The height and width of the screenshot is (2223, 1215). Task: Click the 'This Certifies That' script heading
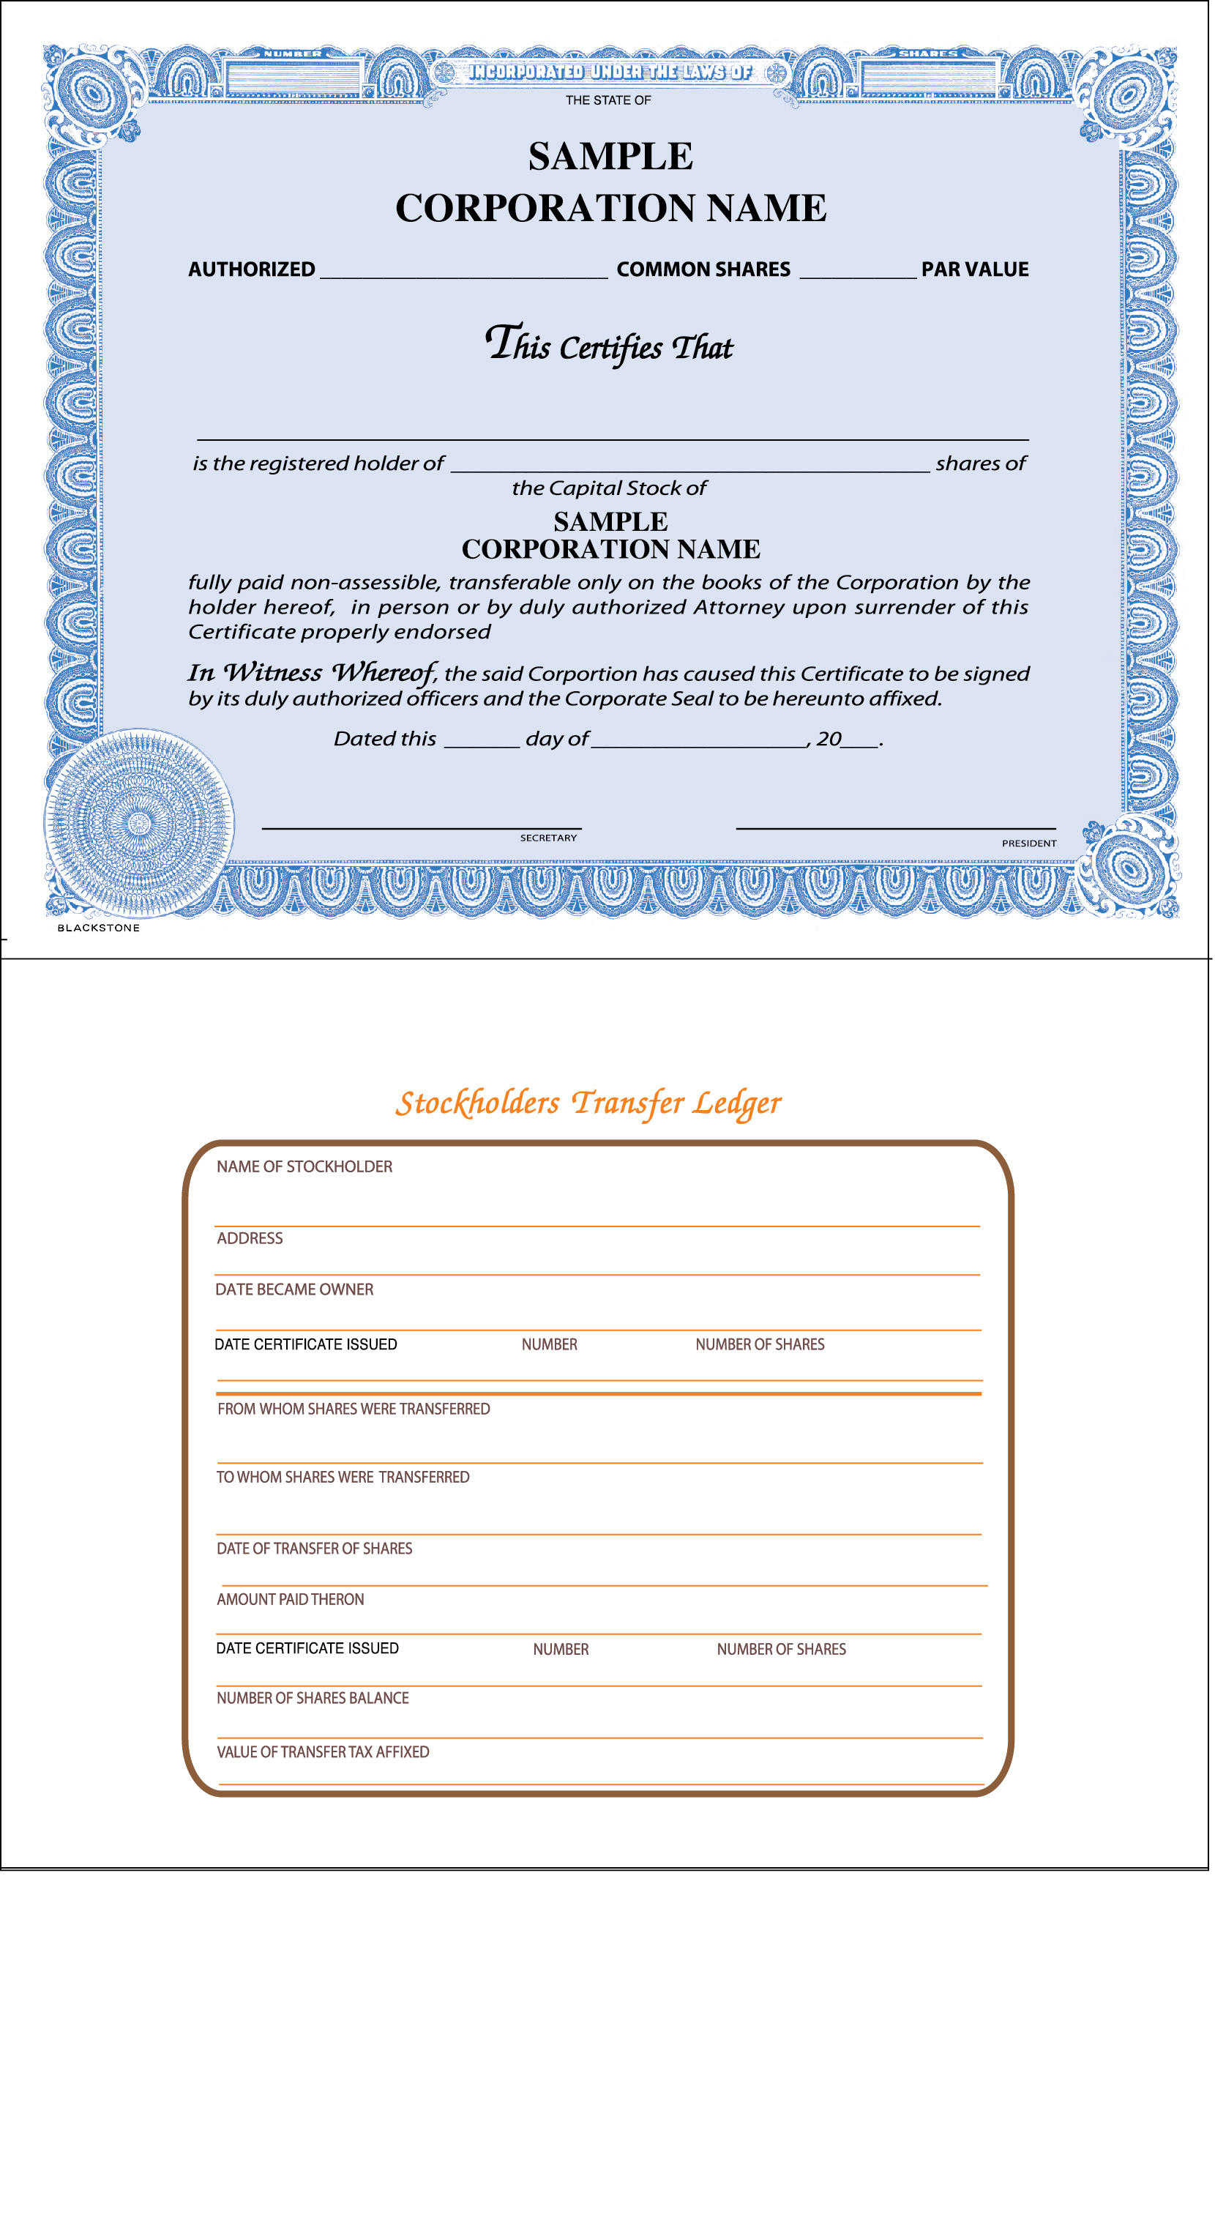608,345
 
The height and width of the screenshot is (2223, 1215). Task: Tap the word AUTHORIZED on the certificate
251,269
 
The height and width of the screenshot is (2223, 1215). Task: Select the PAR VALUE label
974,269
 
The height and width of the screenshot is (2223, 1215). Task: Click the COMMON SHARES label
703,269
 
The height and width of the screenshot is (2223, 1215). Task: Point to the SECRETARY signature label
548,838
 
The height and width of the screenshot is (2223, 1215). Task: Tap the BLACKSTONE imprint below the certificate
98,928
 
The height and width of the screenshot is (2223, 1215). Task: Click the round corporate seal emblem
138,822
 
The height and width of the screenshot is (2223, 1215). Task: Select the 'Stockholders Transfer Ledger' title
588,1103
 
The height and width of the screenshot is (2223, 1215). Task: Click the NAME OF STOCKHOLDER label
304,1166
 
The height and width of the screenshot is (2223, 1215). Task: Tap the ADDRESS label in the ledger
250,1238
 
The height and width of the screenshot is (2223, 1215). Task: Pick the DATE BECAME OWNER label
294,1289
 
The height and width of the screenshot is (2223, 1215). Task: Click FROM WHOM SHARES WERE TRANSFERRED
353,1410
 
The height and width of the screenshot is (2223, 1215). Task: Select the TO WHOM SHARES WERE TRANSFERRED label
343,1478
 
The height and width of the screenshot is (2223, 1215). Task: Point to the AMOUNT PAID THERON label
290,1599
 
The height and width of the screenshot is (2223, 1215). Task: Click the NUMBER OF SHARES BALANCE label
313,1697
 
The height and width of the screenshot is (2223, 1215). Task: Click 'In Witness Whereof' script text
312,672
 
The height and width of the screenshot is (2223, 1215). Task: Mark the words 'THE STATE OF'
608,100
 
